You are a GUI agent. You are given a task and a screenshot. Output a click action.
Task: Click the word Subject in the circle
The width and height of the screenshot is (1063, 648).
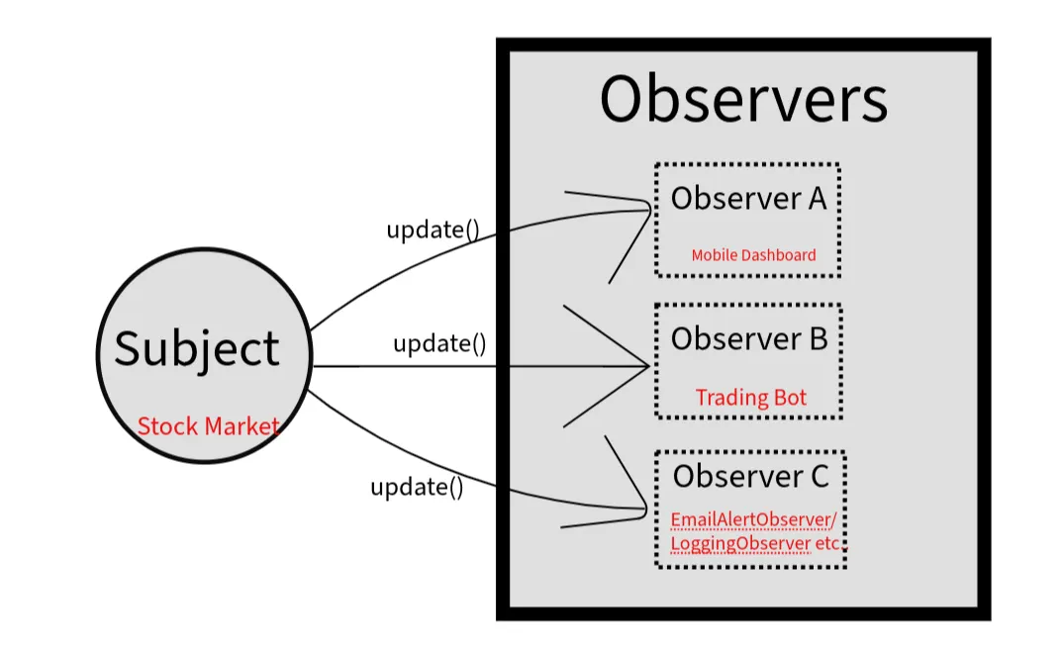tap(197, 349)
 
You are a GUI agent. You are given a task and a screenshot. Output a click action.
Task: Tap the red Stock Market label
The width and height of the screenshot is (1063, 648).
tap(208, 426)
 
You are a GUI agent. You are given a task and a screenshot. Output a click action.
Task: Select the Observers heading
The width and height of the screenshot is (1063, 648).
tap(743, 100)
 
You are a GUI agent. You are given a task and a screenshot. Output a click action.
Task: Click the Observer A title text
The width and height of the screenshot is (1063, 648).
tap(748, 199)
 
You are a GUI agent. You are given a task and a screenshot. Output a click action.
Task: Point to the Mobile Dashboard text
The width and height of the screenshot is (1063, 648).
tap(753, 255)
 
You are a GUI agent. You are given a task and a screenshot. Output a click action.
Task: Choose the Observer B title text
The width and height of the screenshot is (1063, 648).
tap(748, 339)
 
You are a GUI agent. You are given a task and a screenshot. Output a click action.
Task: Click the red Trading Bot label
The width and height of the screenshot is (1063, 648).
tap(751, 398)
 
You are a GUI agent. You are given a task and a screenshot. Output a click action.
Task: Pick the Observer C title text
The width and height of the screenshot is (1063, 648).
tap(750, 476)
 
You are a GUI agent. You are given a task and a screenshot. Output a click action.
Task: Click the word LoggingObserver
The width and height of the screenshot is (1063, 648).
tap(739, 544)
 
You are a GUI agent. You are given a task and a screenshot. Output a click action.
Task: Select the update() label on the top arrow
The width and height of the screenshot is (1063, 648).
tap(433, 230)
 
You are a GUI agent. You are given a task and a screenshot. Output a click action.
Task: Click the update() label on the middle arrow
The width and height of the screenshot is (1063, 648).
tap(439, 344)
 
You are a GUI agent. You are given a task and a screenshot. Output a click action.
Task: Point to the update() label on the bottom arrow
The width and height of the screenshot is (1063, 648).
tap(417, 487)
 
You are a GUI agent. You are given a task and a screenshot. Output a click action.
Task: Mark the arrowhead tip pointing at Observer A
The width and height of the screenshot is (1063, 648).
tap(650, 209)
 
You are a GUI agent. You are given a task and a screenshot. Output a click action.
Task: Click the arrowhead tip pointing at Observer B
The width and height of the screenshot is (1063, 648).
tap(649, 367)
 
